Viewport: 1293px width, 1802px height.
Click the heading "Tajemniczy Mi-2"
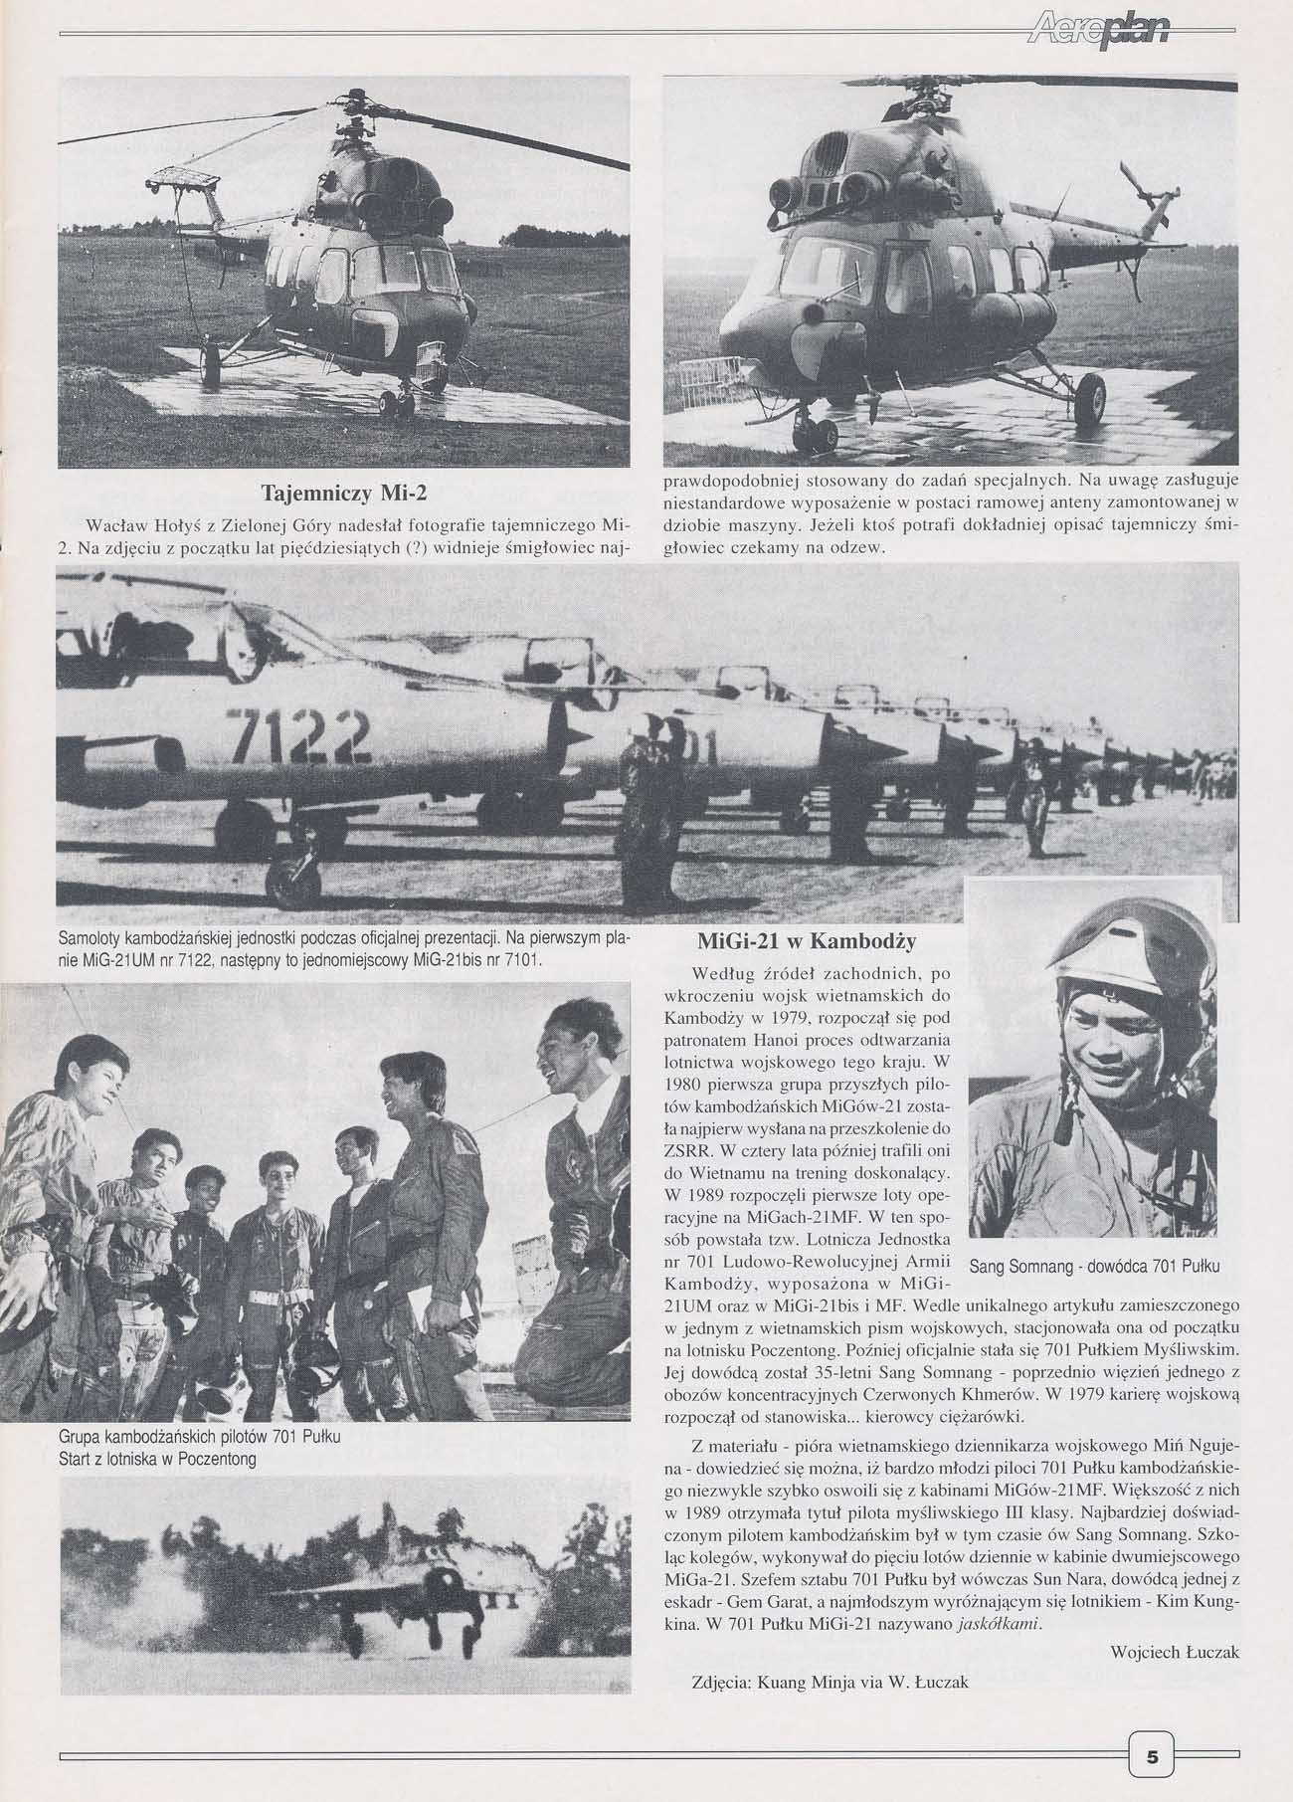[x=342, y=495]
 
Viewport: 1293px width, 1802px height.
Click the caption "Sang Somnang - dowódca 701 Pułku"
[x=1092, y=1267]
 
